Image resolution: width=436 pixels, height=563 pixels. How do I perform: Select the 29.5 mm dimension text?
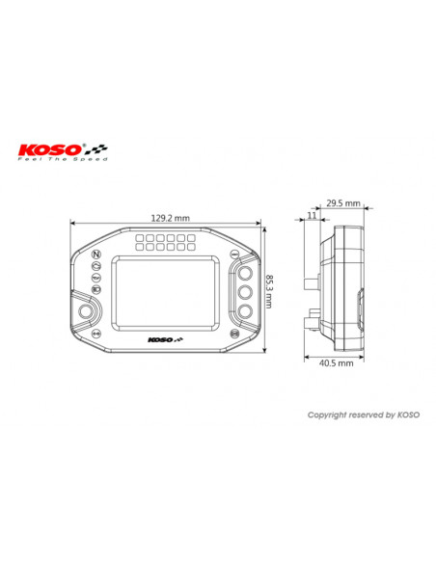pyautogui.click(x=341, y=203)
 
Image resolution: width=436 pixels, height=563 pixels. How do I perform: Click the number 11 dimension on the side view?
pyautogui.click(x=311, y=217)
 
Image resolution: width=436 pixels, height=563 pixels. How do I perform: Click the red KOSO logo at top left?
pyautogui.click(x=51, y=149)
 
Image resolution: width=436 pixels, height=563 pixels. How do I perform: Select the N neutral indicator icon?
pyautogui.click(x=96, y=256)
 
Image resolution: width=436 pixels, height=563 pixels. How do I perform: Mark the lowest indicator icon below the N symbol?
pyautogui.click(x=96, y=289)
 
